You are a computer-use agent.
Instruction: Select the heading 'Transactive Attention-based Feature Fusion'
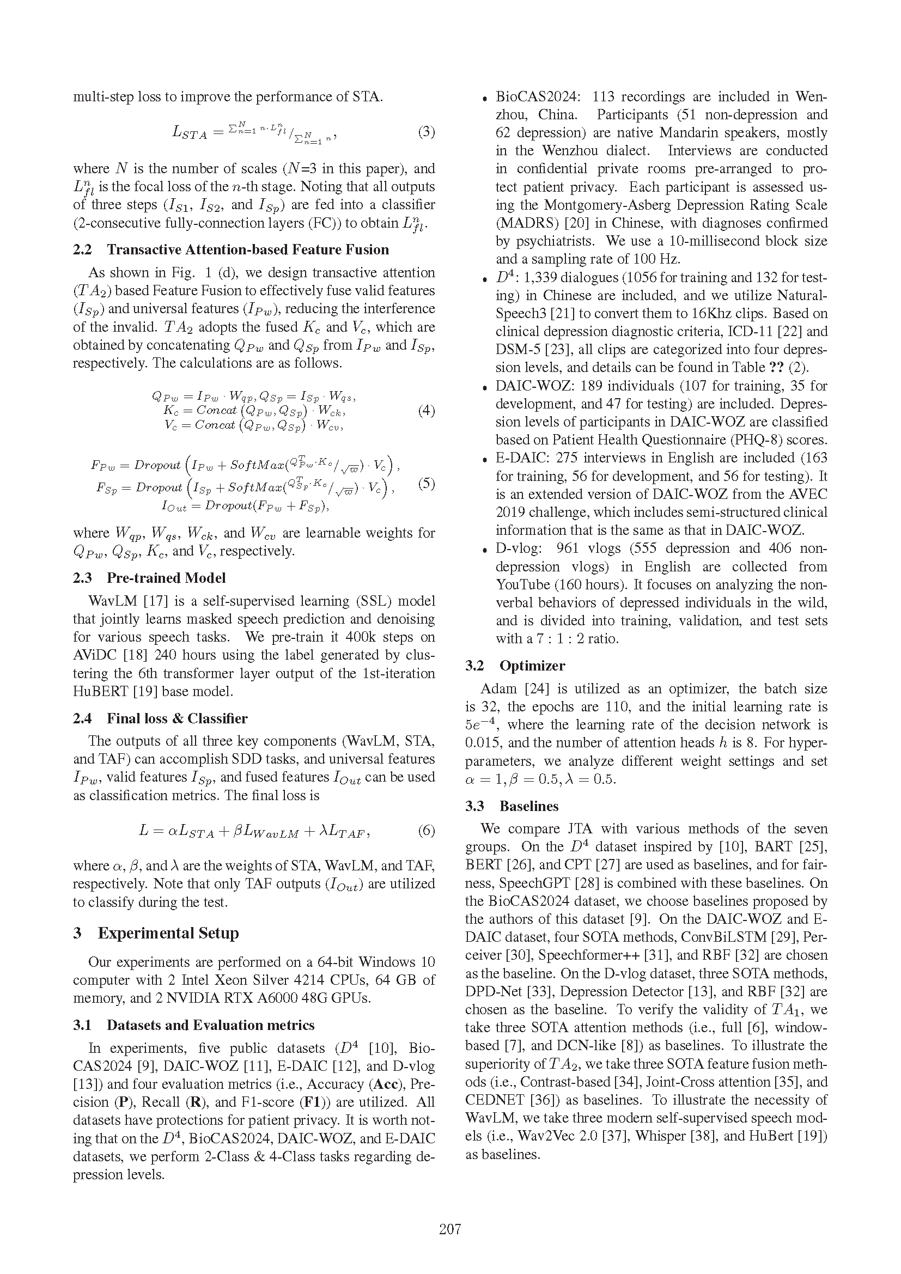(247, 249)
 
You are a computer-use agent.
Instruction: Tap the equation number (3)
(426, 132)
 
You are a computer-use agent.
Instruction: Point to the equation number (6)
(426, 831)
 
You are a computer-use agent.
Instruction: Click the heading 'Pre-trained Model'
(166, 578)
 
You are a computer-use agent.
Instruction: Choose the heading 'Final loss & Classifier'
(177, 718)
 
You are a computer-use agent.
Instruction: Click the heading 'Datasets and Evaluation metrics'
(210, 1026)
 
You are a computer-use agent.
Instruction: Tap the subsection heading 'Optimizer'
(532, 666)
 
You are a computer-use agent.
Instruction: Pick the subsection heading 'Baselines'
(529, 806)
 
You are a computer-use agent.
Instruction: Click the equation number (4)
(426, 411)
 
